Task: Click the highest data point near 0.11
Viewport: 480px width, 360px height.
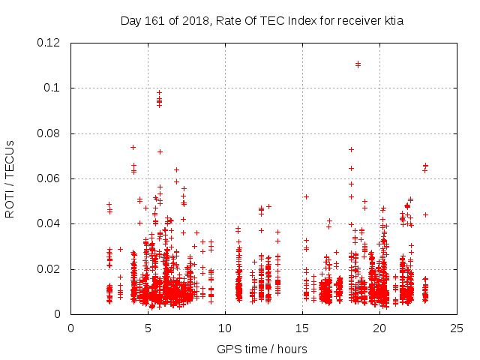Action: (x=358, y=64)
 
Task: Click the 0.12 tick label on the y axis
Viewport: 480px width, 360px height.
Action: (x=50, y=43)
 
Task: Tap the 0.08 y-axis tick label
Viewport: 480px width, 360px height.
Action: (x=50, y=133)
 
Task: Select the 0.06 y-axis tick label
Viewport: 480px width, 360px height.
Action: (x=50, y=178)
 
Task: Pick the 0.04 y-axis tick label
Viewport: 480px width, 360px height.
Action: (x=50, y=223)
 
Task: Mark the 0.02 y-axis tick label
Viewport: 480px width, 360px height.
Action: (x=50, y=269)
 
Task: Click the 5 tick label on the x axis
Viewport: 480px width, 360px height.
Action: (x=148, y=328)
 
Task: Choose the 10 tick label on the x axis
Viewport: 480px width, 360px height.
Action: (x=225, y=328)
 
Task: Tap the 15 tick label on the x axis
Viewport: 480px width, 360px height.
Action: (x=302, y=328)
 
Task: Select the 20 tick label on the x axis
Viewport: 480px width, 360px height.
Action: (x=379, y=328)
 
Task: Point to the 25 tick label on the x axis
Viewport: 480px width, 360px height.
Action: (x=457, y=328)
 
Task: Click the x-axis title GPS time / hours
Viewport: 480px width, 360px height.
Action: (x=262, y=349)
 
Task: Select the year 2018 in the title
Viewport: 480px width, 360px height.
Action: (x=191, y=21)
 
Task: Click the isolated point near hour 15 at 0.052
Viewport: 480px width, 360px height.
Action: (x=306, y=196)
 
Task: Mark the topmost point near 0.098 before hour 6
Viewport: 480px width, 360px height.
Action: (x=159, y=92)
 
